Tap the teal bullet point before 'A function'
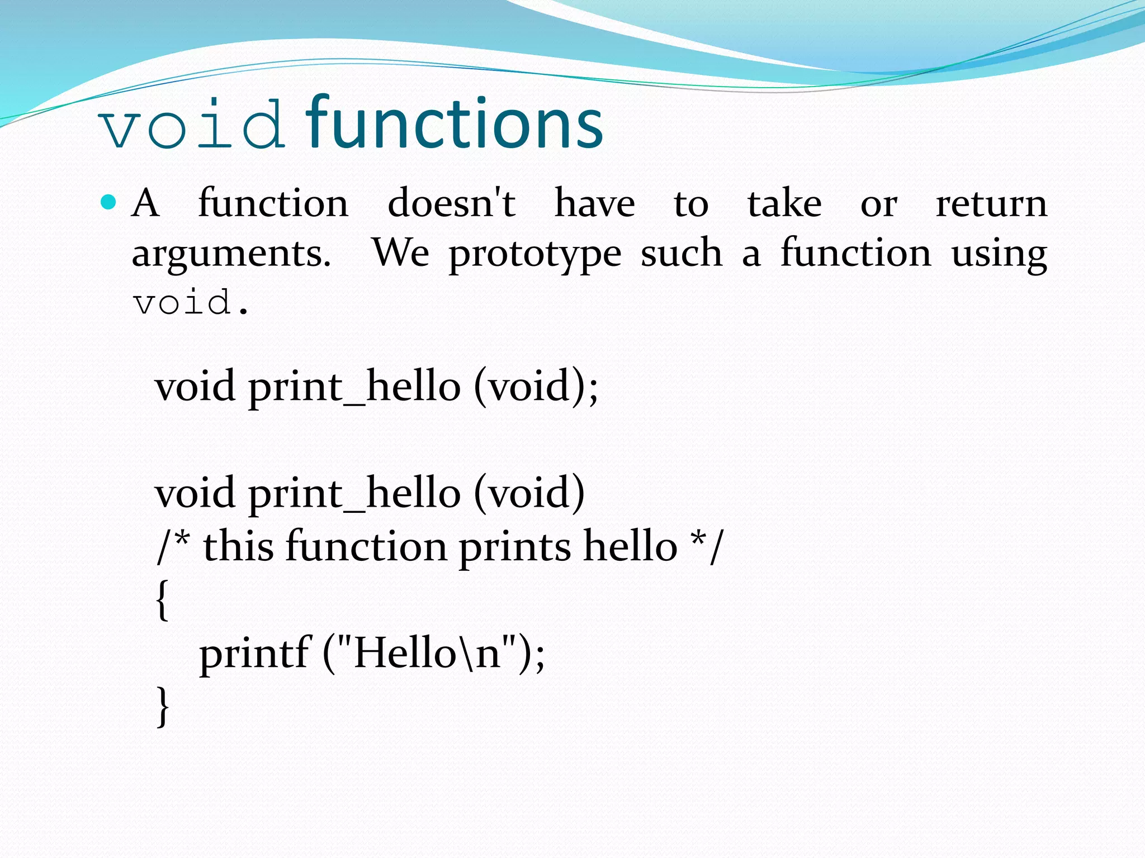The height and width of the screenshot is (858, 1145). click(108, 202)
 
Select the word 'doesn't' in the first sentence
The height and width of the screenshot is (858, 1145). click(451, 203)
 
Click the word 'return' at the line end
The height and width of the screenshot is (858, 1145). click(991, 203)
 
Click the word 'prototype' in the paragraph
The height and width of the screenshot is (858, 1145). click(535, 255)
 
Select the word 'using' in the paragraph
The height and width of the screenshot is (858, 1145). click(999, 255)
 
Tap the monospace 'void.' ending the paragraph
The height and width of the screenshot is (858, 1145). click(190, 303)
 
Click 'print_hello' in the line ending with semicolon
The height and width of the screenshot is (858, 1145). click(354, 387)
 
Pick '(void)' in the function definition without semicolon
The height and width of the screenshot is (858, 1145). click(529, 494)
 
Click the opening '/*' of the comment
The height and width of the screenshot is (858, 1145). click(173, 546)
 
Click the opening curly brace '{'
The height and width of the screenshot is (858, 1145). click(162, 600)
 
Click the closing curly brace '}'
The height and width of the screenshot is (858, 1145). click(162, 706)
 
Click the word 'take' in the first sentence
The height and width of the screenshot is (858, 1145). click(784, 203)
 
